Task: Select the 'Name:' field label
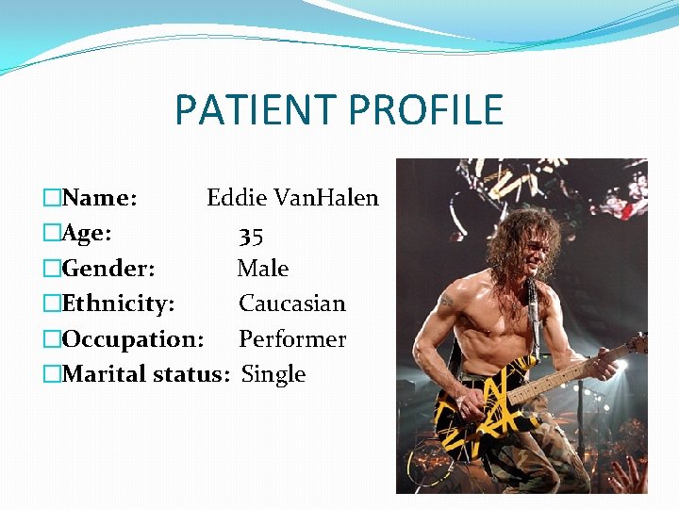pyautogui.click(x=100, y=198)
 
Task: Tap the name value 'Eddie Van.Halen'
pyautogui.click(x=292, y=198)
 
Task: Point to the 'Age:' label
pyautogui.click(x=87, y=233)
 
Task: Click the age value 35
pyautogui.click(x=251, y=235)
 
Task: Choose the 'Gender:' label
pyautogui.click(x=108, y=269)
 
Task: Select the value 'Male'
pyautogui.click(x=263, y=269)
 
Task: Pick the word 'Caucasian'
pyautogui.click(x=292, y=304)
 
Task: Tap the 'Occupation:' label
pyautogui.click(x=132, y=339)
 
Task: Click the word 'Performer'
pyautogui.click(x=292, y=339)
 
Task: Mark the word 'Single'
pyautogui.click(x=273, y=374)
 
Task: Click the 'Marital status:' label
pyautogui.click(x=145, y=374)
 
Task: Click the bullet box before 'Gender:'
pyautogui.click(x=52, y=269)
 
